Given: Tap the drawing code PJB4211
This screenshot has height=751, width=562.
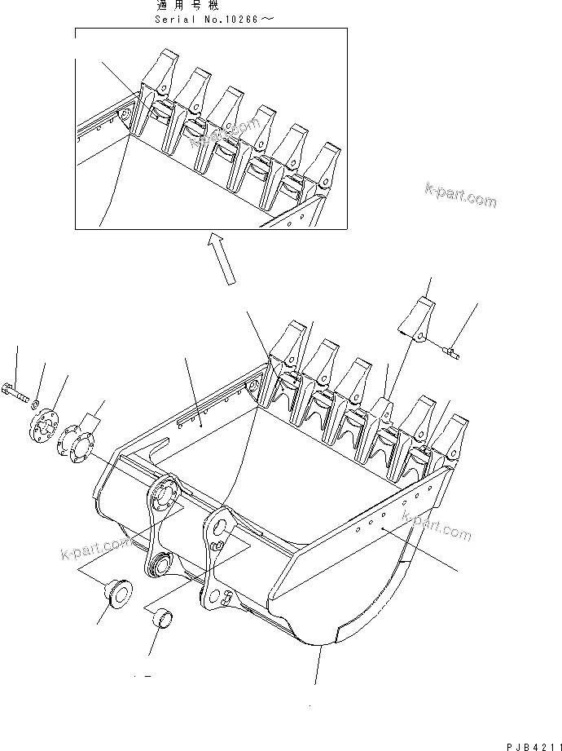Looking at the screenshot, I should (x=529, y=742).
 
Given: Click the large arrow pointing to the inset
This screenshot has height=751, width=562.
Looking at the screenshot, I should (x=221, y=257).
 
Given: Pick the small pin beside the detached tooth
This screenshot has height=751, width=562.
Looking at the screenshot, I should (x=450, y=351).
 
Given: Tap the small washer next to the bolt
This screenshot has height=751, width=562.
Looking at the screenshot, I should (x=35, y=403).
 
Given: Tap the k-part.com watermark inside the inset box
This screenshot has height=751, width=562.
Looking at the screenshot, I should (x=224, y=132).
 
